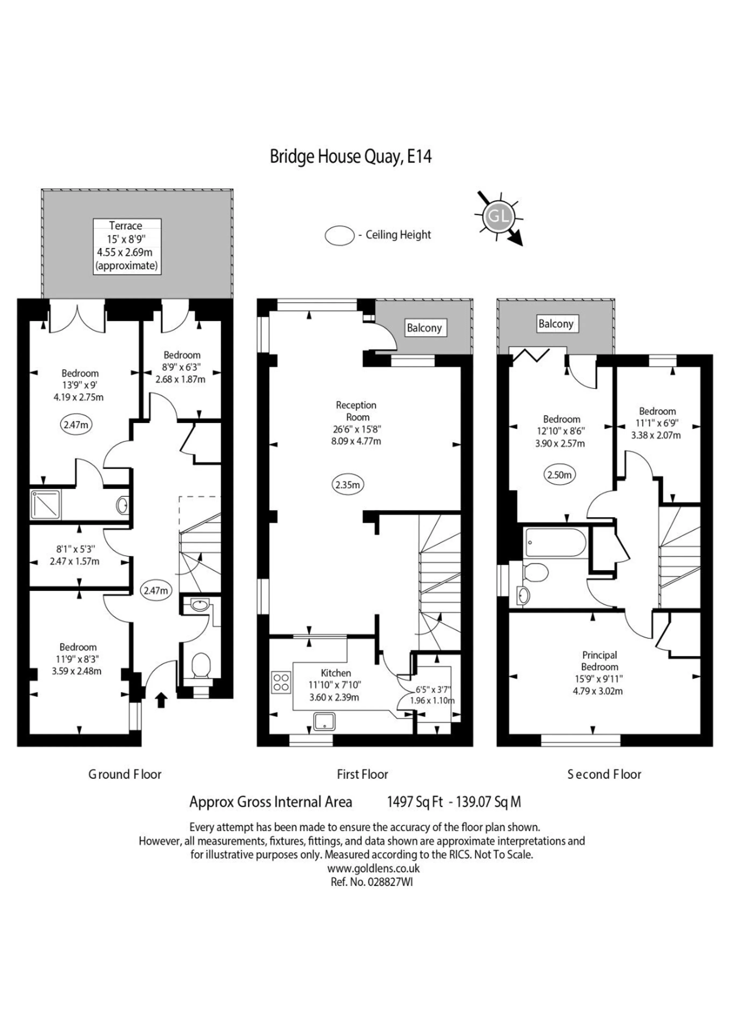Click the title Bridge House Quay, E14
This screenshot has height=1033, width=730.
350,157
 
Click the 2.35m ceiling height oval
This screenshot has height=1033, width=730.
348,485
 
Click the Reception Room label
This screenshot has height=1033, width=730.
356,411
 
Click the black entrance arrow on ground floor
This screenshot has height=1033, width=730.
161,700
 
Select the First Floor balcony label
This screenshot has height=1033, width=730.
424,328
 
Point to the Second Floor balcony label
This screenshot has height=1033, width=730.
556,324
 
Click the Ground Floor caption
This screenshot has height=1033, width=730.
125,774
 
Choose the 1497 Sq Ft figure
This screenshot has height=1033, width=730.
415,802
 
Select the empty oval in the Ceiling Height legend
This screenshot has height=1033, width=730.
340,236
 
